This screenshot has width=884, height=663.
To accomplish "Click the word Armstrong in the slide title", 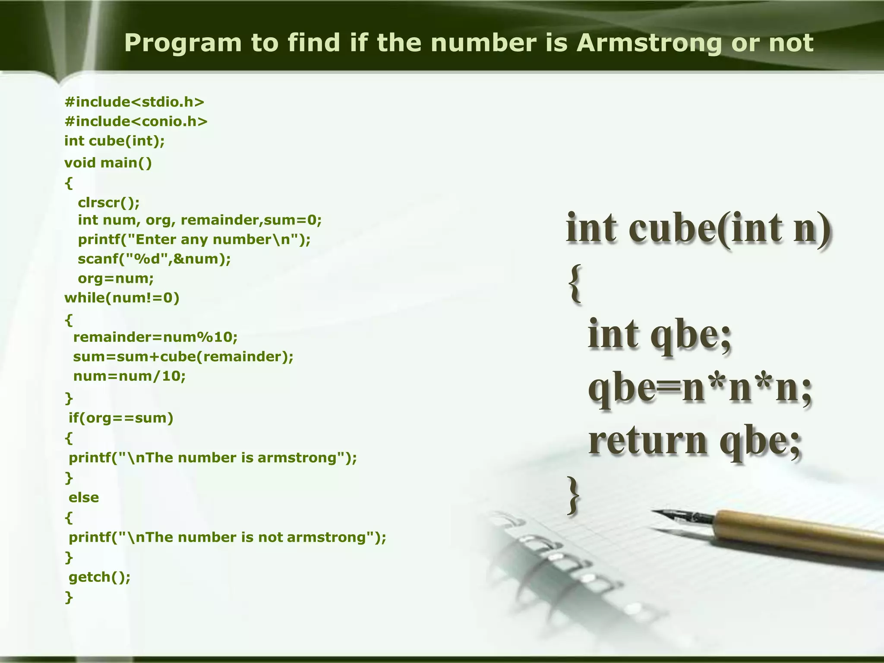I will coord(649,43).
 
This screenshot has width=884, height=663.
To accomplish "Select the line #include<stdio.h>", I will coord(134,102).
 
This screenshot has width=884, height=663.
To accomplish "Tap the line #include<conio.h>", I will coord(136,122).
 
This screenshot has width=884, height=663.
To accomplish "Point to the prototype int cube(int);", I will coord(114,141).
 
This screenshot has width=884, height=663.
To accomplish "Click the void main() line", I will coord(108,163).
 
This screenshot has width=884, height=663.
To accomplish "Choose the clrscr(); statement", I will coord(109,202).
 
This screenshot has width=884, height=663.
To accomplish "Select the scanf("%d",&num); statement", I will coord(154,259).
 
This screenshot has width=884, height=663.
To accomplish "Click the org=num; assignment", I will coord(116,278).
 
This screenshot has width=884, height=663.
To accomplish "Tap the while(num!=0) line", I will coord(122,298).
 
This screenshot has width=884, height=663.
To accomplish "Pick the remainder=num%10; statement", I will coord(155,337).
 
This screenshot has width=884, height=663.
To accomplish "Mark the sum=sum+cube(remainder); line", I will coord(183,357).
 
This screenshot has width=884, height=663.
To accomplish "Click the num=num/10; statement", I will coord(129,376).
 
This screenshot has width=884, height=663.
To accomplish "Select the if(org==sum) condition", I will coord(121,418).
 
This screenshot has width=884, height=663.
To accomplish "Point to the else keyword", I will coord(84,498).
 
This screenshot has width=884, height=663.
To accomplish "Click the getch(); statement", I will coord(99,577).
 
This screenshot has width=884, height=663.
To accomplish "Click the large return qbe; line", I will coord(695,441).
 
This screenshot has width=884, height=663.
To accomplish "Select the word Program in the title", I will coord(183,43).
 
